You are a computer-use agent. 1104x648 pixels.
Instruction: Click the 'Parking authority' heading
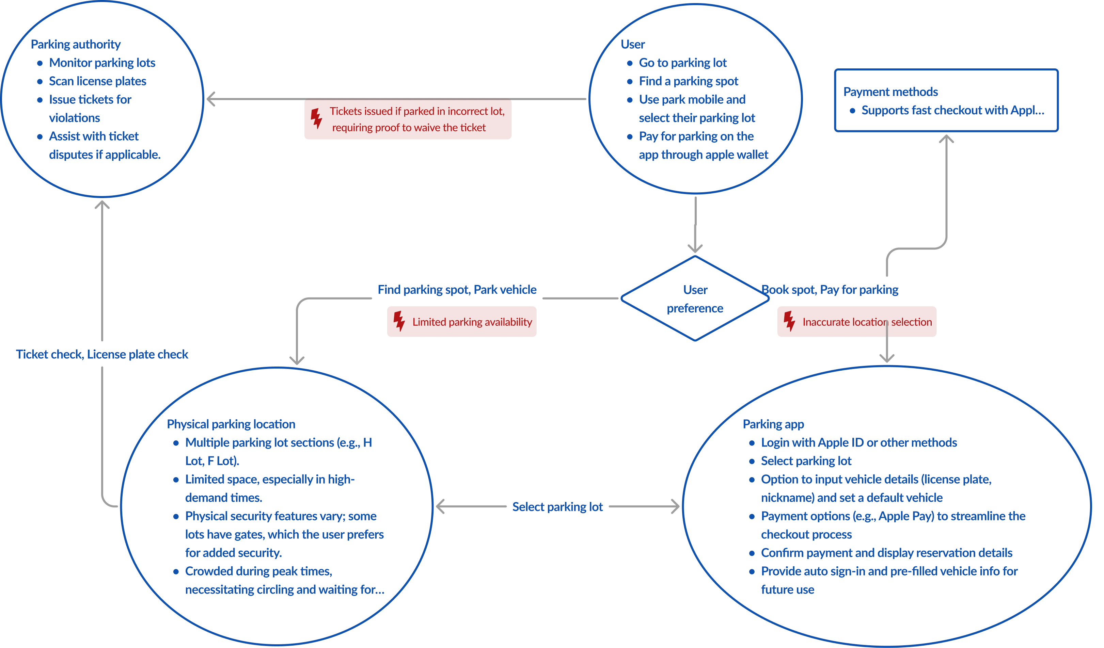tap(76, 45)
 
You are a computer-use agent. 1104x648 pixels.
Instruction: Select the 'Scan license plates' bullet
tap(97, 81)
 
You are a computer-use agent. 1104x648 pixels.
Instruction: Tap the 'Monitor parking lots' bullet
tap(102, 63)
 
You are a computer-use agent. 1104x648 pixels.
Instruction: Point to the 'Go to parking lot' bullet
tap(682, 63)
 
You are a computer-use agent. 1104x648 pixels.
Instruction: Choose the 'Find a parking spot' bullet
tap(688, 81)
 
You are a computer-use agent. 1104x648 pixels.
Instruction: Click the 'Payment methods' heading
tap(890, 92)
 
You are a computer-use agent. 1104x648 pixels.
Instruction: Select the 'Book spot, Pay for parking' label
tap(830, 289)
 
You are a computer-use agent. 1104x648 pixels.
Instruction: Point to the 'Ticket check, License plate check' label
tap(102, 354)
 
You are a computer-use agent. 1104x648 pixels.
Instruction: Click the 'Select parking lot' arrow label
tap(558, 507)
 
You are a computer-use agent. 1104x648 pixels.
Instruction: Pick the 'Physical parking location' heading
tap(231, 424)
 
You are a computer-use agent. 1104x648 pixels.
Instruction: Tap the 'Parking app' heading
tap(773, 424)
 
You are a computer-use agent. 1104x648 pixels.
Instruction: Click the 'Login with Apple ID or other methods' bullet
tap(859, 443)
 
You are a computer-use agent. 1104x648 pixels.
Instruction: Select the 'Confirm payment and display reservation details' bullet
tap(886, 553)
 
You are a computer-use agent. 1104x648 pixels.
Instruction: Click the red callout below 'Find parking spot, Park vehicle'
tap(461, 321)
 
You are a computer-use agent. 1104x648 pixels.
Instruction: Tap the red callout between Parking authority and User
tap(407, 120)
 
